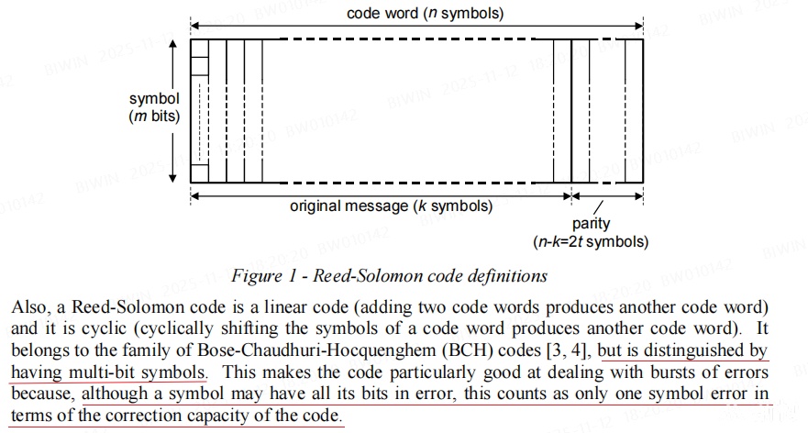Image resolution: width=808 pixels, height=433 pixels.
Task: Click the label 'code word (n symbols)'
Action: point(425,14)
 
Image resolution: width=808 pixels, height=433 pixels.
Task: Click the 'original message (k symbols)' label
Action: point(391,205)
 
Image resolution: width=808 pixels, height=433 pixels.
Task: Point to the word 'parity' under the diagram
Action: point(591,224)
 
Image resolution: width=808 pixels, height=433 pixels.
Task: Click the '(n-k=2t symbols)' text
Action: point(591,242)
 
